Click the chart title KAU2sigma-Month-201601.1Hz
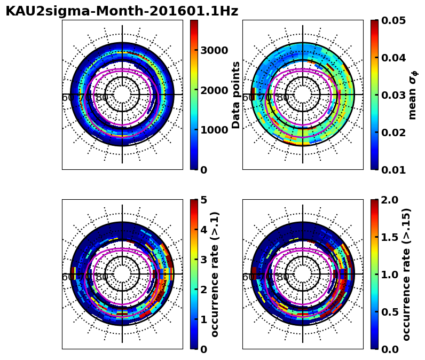(x=122, y=11)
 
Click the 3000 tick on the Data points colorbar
(x=214, y=50)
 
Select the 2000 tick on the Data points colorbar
(x=214, y=90)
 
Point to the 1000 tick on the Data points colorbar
(x=214, y=130)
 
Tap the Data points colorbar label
(x=236, y=95)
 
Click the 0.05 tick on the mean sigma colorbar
(x=391, y=20)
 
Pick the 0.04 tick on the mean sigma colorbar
(x=391, y=58)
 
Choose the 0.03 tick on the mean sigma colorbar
(x=391, y=95)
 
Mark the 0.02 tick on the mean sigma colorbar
(x=391, y=132)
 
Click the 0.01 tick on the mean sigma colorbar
(x=391, y=170)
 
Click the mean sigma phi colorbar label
(x=413, y=95)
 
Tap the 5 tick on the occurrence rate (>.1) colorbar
(x=203, y=200)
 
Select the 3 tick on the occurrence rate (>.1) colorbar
(x=203, y=260)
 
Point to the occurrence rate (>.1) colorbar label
(x=215, y=274)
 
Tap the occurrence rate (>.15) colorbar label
(x=407, y=274)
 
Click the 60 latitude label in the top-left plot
(x=68, y=98)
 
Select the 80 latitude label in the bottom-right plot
(x=283, y=277)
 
